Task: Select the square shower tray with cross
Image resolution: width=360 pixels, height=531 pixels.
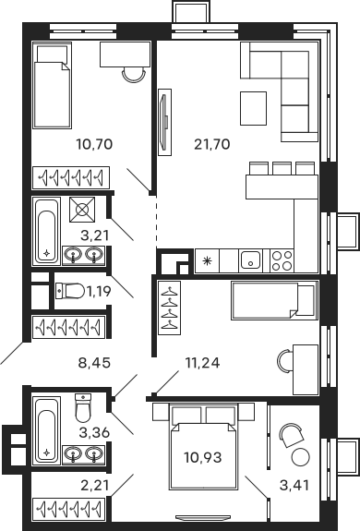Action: pyautogui.click(x=85, y=210)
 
